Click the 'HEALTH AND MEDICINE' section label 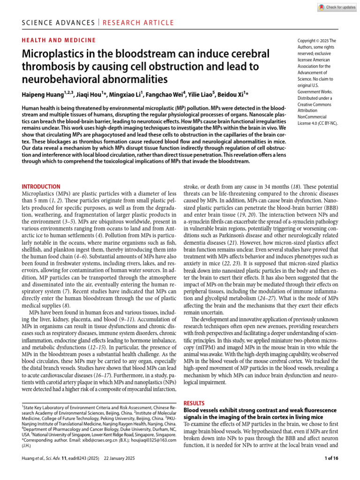(59, 41)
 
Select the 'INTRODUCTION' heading (41, 187)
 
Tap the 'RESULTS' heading (194, 403)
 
